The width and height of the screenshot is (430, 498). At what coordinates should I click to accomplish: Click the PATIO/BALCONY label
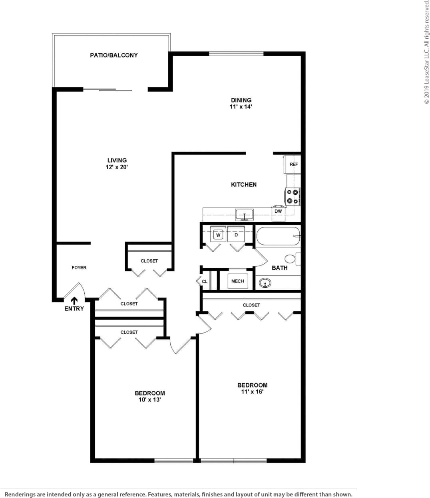click(x=114, y=55)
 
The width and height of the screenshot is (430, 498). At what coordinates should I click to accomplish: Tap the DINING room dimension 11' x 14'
click(x=241, y=107)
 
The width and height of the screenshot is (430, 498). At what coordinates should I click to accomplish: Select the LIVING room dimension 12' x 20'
click(x=117, y=167)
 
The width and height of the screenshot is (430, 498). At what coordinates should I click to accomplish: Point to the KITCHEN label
click(x=244, y=184)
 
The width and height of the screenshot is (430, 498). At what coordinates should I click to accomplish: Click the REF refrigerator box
click(x=293, y=164)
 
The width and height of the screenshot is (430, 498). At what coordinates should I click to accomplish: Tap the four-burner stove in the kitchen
click(x=293, y=196)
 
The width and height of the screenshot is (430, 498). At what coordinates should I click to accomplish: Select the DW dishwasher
click(x=278, y=211)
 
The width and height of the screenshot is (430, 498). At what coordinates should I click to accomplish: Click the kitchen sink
click(x=244, y=215)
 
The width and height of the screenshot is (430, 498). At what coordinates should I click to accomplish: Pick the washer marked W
click(x=218, y=235)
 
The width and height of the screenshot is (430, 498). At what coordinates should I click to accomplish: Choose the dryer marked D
click(x=236, y=235)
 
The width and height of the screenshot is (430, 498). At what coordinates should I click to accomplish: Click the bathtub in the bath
click(x=278, y=237)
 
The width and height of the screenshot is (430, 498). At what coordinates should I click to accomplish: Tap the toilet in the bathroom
click(x=291, y=259)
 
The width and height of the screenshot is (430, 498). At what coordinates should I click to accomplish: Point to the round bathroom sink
click(x=265, y=283)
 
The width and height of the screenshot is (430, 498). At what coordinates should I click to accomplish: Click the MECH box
click(x=237, y=281)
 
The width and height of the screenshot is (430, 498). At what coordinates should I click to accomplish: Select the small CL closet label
click(x=205, y=281)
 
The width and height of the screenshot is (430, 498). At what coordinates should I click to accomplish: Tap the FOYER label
click(x=79, y=267)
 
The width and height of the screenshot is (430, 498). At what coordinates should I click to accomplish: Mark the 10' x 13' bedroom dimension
click(x=149, y=399)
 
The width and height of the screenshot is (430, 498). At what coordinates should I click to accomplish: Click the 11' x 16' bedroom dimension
click(x=252, y=391)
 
